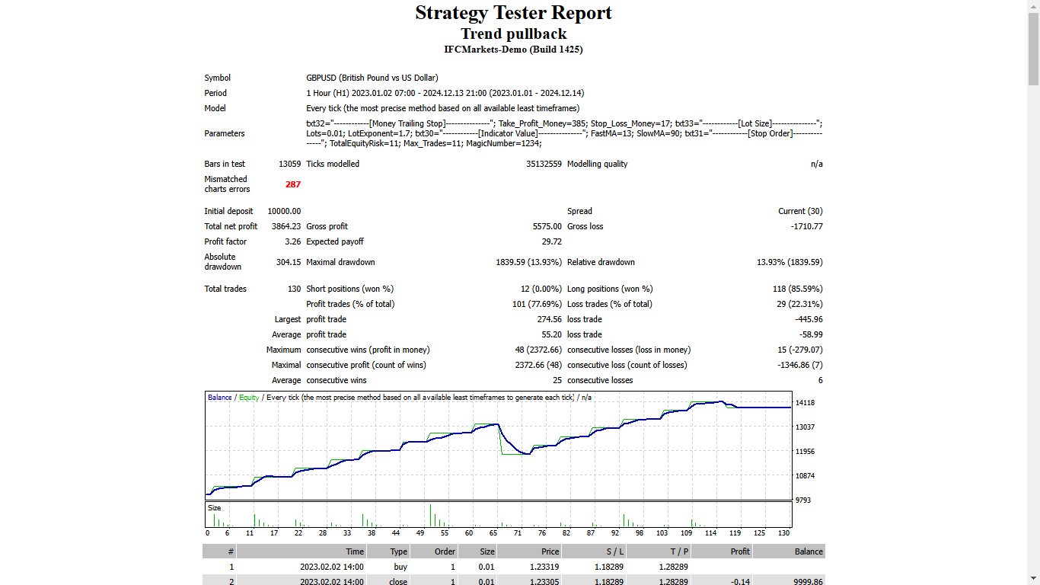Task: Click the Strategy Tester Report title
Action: (x=513, y=13)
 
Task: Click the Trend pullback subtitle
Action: (x=513, y=34)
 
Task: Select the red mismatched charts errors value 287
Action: (x=293, y=184)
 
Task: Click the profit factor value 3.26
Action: (x=292, y=241)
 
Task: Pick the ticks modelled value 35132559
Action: (x=544, y=164)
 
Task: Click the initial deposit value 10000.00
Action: (x=284, y=211)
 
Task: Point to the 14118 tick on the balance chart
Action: (x=805, y=403)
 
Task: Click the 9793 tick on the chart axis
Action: (x=803, y=500)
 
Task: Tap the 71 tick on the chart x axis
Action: (x=518, y=533)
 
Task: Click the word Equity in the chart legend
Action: (x=249, y=398)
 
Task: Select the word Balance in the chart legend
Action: (x=220, y=398)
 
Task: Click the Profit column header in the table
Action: (x=739, y=551)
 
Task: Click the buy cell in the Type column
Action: (x=400, y=567)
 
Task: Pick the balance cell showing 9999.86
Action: (x=808, y=582)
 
